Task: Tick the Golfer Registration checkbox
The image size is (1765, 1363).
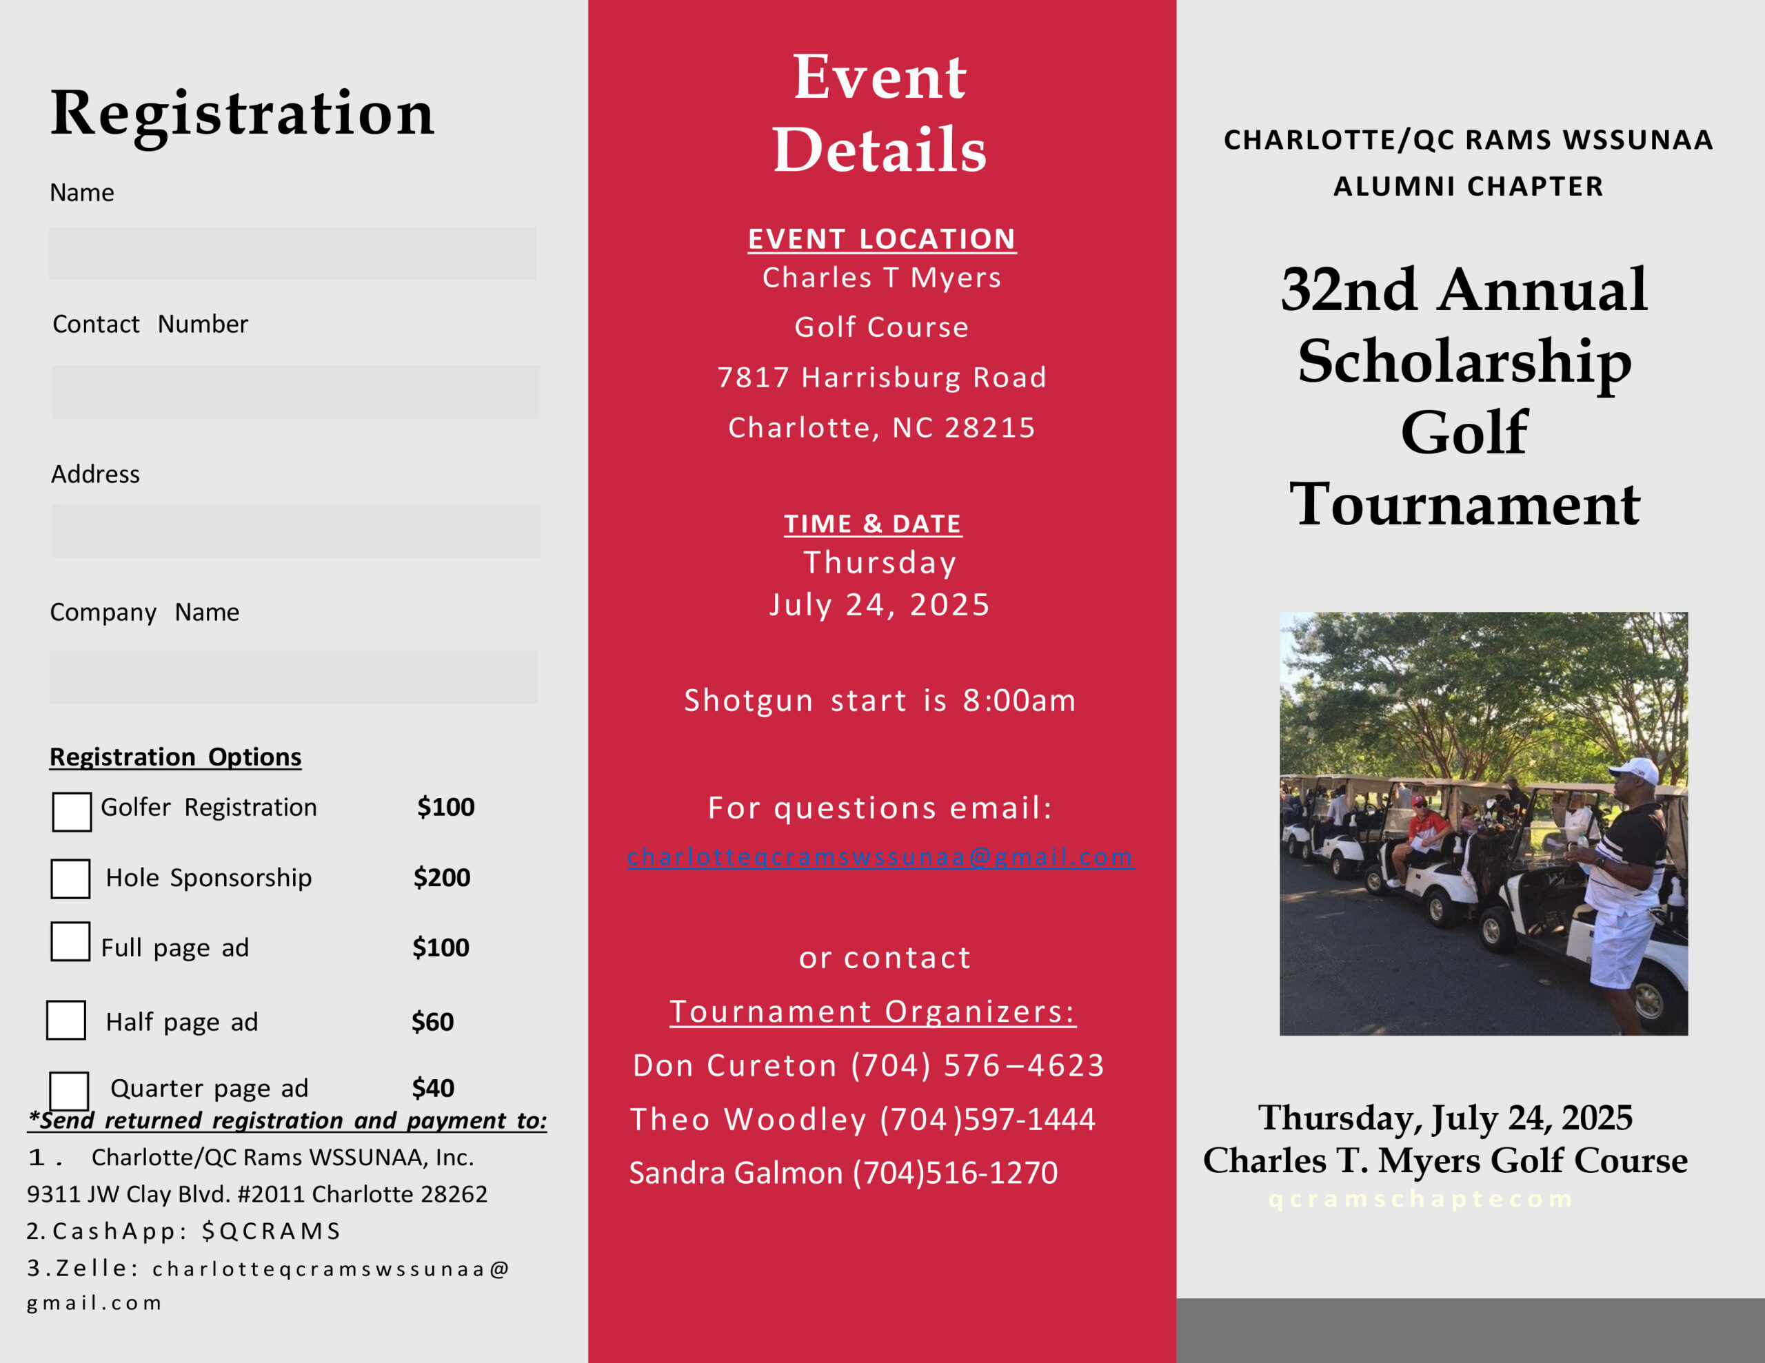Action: pyautogui.click(x=72, y=811)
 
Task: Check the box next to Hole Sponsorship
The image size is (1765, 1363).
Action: pyautogui.click(x=70, y=879)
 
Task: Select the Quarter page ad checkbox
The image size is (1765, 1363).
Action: pyautogui.click(x=70, y=1092)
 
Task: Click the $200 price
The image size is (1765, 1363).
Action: pyautogui.click(x=441, y=877)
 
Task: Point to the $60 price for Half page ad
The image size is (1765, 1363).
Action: pyautogui.click(x=432, y=1022)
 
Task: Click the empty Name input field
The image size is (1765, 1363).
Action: pyautogui.click(x=292, y=254)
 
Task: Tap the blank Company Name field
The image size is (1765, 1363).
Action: pyautogui.click(x=293, y=677)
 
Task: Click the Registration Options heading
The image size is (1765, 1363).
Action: pyautogui.click(x=175, y=757)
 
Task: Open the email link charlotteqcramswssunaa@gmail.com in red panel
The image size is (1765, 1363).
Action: pyautogui.click(x=880, y=857)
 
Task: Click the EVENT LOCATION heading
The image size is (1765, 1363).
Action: pyautogui.click(x=882, y=239)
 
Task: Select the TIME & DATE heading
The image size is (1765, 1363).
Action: pyautogui.click(x=873, y=524)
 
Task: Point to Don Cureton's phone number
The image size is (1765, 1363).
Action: pyautogui.click(x=977, y=1066)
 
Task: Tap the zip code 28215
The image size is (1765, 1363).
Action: pyautogui.click(x=990, y=427)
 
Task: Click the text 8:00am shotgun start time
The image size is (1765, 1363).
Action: pyautogui.click(x=1019, y=701)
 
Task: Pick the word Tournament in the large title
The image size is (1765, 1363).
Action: pyautogui.click(x=1464, y=505)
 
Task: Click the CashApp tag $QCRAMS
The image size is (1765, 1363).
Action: pyautogui.click(x=272, y=1231)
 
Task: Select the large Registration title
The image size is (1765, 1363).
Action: pyautogui.click(x=243, y=113)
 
